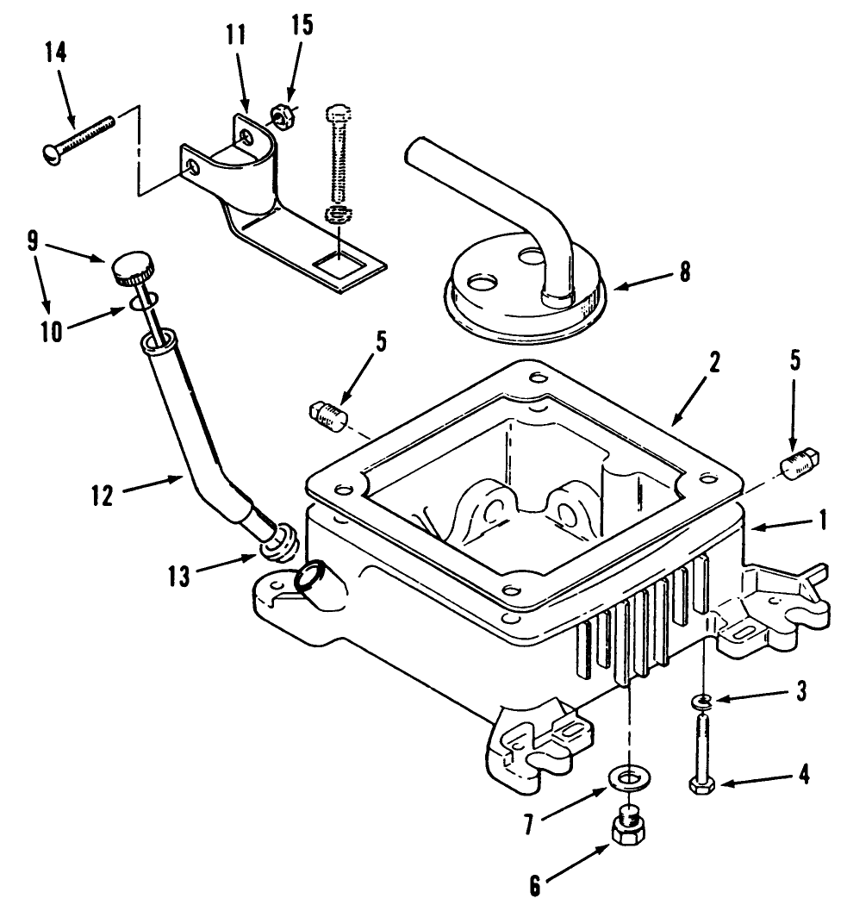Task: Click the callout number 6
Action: [x=535, y=886]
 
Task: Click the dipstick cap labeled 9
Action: [x=131, y=271]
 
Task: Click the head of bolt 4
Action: [x=699, y=786]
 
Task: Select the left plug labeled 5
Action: [x=326, y=415]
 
